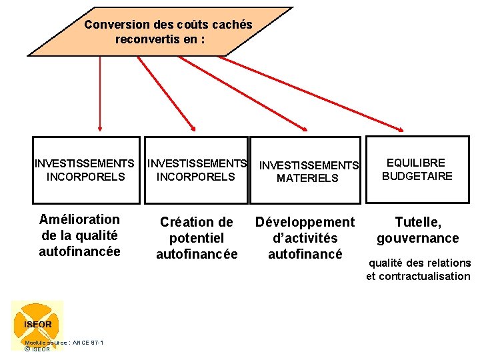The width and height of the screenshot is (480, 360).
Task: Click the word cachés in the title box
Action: tap(231, 25)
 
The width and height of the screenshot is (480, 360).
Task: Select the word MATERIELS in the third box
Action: tap(307, 178)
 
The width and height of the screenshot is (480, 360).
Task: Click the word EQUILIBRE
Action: tap(417, 163)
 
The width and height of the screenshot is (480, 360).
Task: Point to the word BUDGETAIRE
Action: tap(417, 176)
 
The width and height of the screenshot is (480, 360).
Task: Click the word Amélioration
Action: tap(80, 219)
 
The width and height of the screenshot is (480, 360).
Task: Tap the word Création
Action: tap(187, 222)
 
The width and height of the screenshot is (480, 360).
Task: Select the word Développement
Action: tap(305, 222)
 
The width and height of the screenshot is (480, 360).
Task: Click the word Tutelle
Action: tap(418, 222)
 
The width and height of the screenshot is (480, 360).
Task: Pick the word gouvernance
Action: tap(418, 238)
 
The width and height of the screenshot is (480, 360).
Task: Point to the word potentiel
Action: tap(196, 238)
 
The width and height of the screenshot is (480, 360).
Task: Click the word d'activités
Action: tap(305, 238)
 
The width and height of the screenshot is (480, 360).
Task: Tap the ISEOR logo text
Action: tap(38, 324)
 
